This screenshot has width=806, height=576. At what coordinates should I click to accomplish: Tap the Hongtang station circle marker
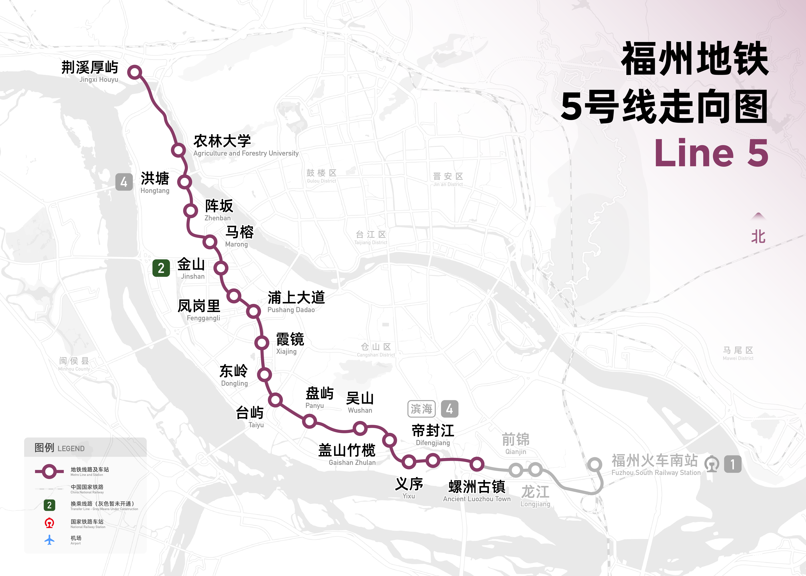pos(185,182)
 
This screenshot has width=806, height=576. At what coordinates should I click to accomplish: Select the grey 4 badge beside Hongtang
pos(124,182)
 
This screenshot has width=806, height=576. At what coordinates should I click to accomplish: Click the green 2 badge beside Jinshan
pos(161,268)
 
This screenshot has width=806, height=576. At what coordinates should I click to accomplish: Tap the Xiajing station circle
pos(262,343)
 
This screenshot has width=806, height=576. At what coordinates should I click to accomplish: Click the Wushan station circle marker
pos(360,429)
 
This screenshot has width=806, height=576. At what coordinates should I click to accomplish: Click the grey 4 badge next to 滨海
pos(449,409)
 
